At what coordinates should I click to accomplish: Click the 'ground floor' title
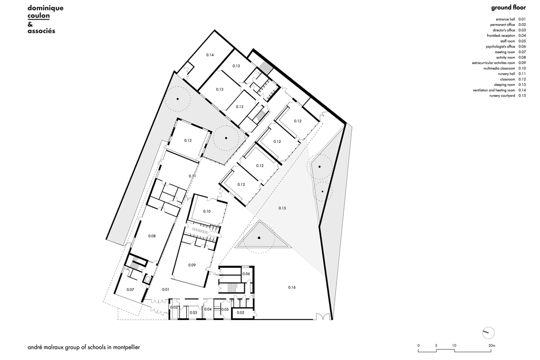coord(508,7)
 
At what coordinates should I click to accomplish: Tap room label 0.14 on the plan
coord(210,55)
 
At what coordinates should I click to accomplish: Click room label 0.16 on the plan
coord(292,287)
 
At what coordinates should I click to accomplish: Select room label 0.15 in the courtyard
coord(282,209)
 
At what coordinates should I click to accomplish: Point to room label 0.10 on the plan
coord(207,211)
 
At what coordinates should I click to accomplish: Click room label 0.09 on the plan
coord(192,265)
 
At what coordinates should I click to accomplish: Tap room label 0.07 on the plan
coord(130,290)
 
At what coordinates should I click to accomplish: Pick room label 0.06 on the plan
coord(246,274)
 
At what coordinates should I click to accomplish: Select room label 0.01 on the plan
coord(166,290)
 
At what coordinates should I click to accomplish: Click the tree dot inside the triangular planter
coord(259,239)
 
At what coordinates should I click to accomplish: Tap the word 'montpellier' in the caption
coord(124,348)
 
